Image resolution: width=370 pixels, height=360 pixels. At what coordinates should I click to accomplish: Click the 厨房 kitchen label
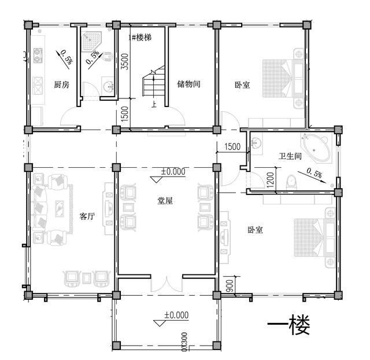pos(61,85)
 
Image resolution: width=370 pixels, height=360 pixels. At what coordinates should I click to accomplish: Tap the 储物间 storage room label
pos(188,85)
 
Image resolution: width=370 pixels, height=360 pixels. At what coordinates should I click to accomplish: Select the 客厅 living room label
pos(87,216)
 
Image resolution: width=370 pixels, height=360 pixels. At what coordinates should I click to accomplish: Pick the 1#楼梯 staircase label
pos(141,37)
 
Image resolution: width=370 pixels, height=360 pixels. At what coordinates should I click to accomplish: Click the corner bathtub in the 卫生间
pos(317,146)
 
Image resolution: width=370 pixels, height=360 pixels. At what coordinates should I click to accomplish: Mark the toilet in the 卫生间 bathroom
pos(291,182)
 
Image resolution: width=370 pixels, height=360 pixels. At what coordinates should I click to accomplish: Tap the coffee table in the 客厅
pos(59,207)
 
